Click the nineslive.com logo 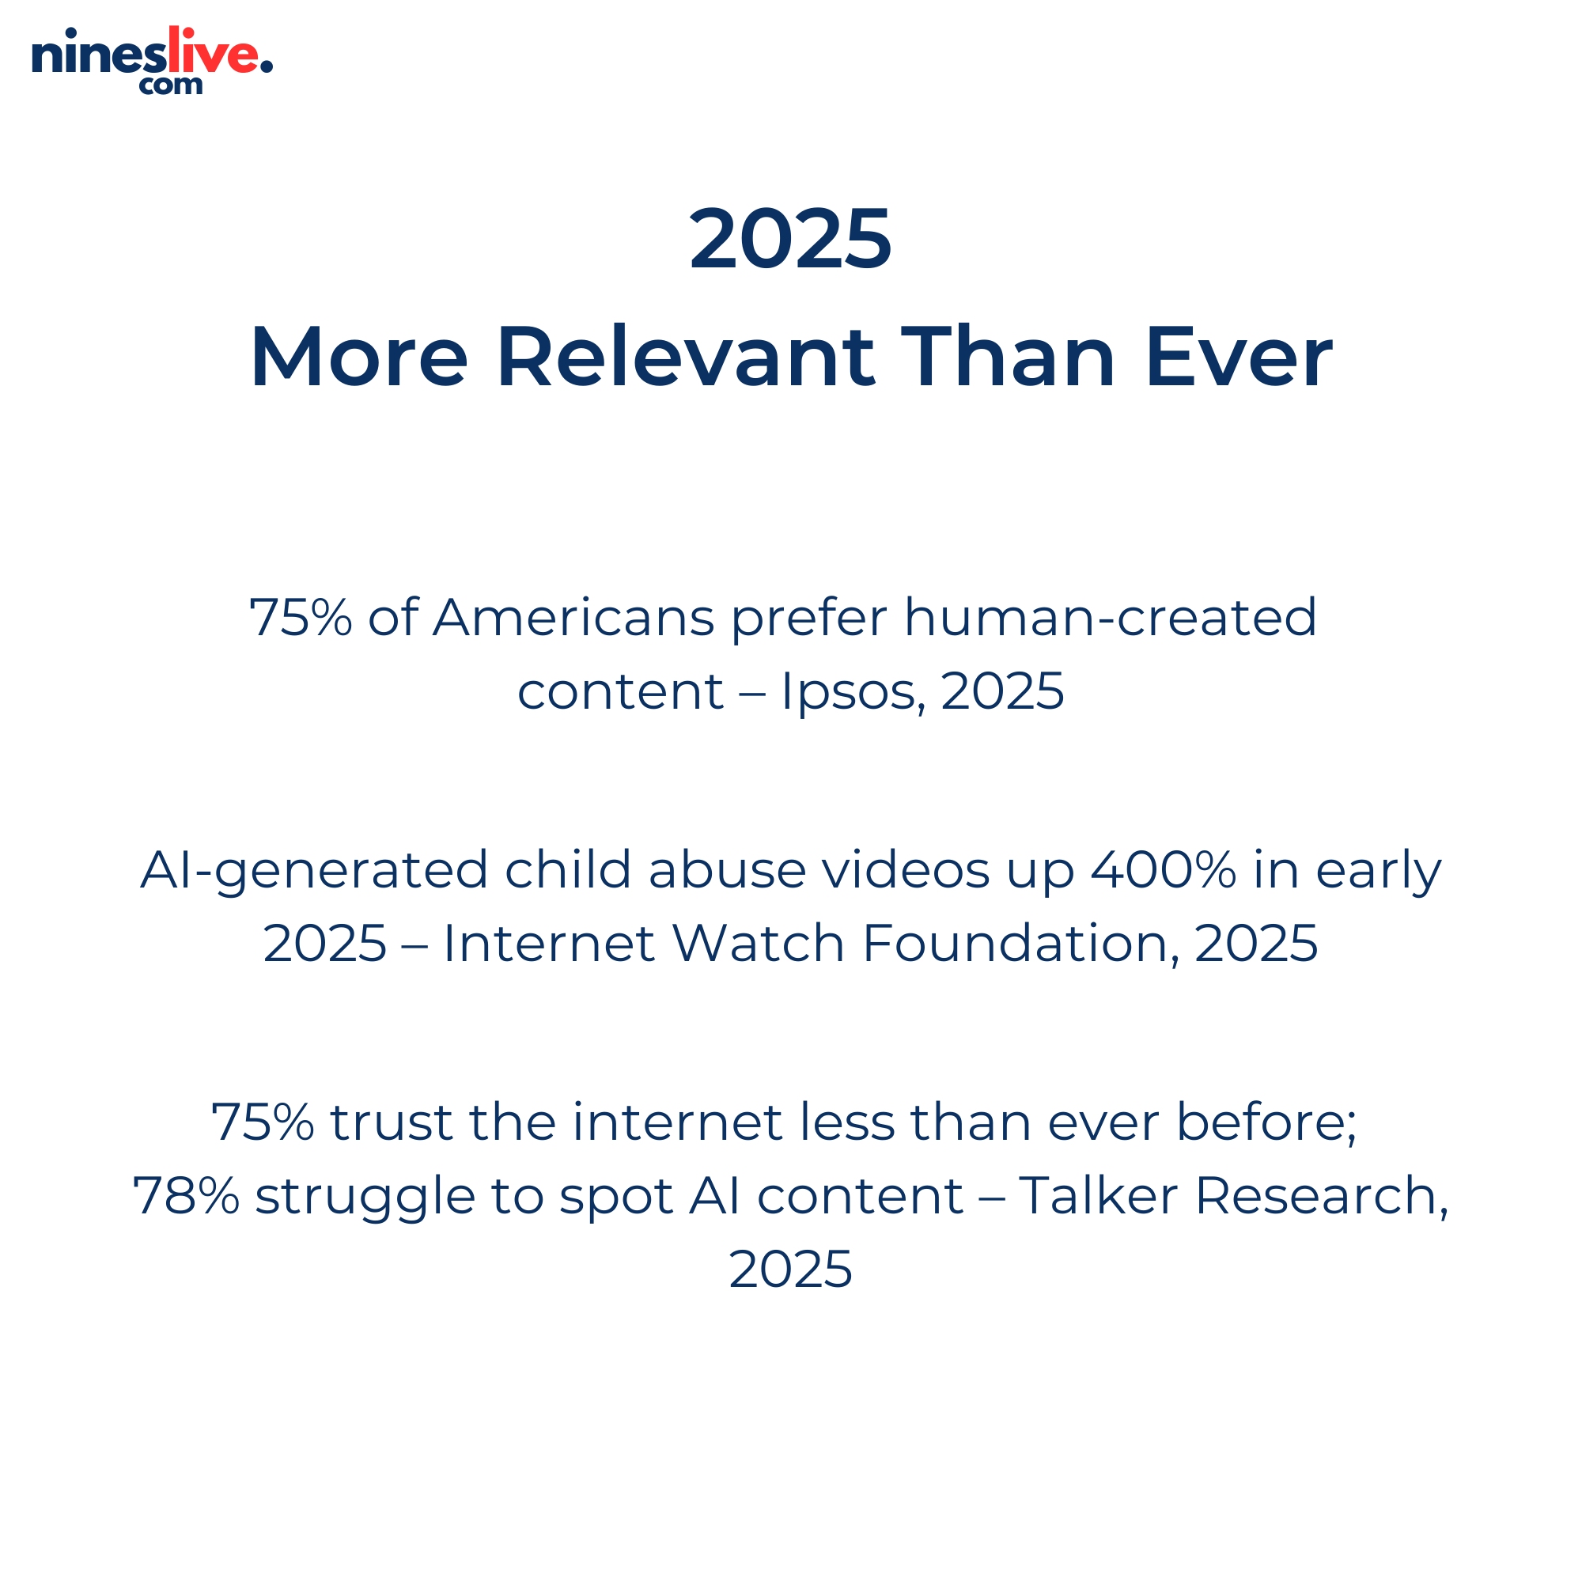[153, 61]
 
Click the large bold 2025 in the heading [790, 238]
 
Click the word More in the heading [359, 357]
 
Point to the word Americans [574, 617]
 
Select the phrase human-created [1111, 617]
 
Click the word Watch [759, 943]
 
